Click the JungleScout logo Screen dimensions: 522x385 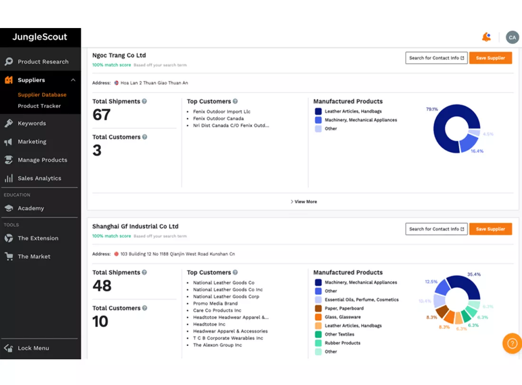click(x=39, y=37)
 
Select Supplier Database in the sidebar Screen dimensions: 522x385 click(x=42, y=95)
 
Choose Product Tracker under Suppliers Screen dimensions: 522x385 click(x=39, y=106)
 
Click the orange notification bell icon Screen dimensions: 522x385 click(x=486, y=37)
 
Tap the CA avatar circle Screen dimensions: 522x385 click(x=513, y=38)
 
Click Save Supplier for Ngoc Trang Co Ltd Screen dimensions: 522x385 click(x=490, y=58)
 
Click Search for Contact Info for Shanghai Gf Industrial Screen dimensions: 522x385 click(x=437, y=229)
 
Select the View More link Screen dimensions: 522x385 click(x=304, y=202)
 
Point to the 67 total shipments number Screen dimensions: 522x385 click(x=102, y=115)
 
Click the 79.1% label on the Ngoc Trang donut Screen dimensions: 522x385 click(x=432, y=109)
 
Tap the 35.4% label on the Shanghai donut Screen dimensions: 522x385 click(x=474, y=274)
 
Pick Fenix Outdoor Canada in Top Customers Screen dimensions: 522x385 click(x=218, y=119)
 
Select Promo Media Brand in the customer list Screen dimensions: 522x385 click(x=215, y=304)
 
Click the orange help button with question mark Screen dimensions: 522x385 click(x=512, y=343)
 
